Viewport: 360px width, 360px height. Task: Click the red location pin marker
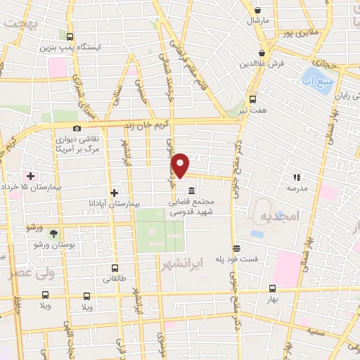pyautogui.click(x=181, y=165)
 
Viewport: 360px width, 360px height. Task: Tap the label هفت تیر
pyautogui.click(x=253, y=110)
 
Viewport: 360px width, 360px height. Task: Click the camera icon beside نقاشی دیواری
pyautogui.click(x=77, y=129)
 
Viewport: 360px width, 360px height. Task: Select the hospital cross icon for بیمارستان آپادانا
pyautogui.click(x=115, y=192)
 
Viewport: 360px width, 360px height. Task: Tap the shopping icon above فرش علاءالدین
pyautogui.click(x=262, y=53)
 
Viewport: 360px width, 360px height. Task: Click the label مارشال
pyautogui.click(x=258, y=22)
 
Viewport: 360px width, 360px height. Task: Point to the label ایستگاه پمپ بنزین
pyautogui.click(x=85, y=47)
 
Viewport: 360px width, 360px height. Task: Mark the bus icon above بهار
pyautogui.click(x=271, y=288)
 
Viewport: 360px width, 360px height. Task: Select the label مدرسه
pyautogui.click(x=296, y=188)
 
